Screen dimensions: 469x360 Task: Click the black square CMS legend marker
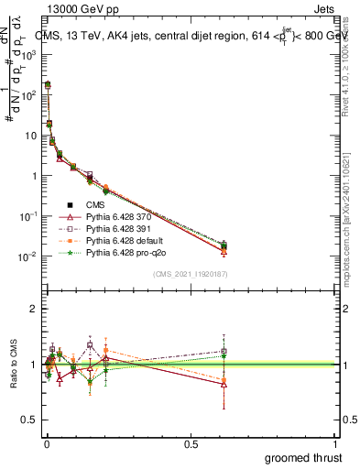tap(70, 203)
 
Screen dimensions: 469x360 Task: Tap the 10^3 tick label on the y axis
tap(28, 55)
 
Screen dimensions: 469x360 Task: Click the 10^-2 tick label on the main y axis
tap(28, 256)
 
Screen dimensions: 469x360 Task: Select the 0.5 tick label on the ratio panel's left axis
tap(31, 420)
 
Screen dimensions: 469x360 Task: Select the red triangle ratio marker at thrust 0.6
tap(224, 384)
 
